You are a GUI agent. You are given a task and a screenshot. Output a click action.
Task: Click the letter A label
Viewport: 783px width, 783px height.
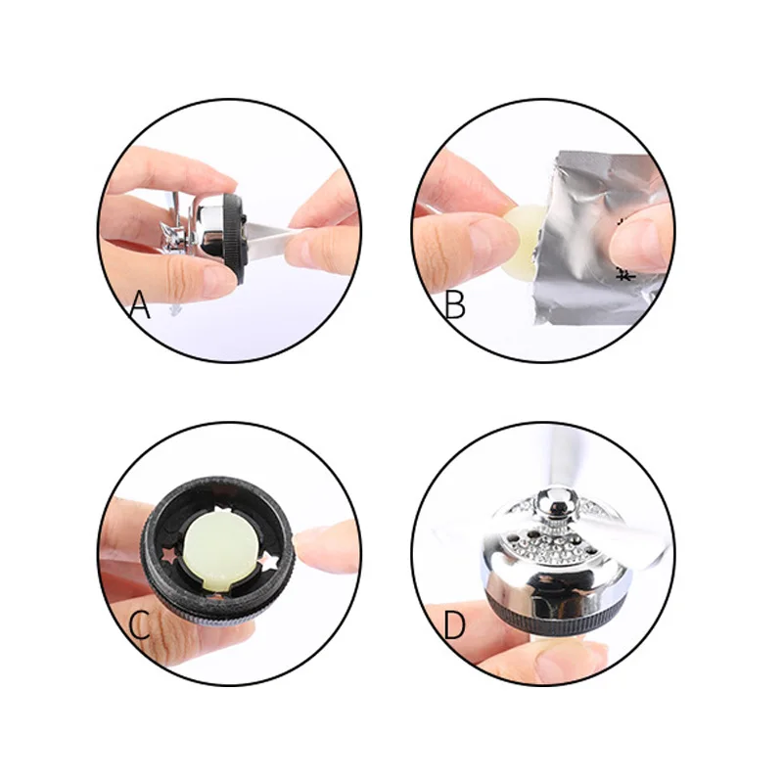coord(140,305)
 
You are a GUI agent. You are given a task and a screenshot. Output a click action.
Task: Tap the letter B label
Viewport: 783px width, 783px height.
coord(454,305)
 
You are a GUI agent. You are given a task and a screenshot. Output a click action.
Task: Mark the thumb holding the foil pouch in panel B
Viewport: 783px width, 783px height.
coord(641,240)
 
